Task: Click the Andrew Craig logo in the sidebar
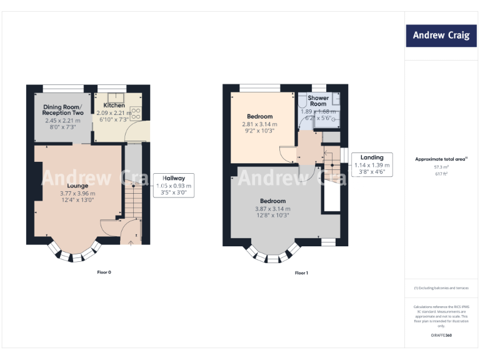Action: click(441, 36)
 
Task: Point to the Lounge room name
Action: click(77, 186)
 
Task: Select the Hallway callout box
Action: click(174, 186)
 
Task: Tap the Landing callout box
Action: click(372, 165)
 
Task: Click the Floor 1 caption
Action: click(302, 272)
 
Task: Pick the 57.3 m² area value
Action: click(441, 167)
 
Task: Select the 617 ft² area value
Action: click(441, 174)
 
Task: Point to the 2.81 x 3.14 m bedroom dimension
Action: click(259, 124)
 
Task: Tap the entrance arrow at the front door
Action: click(130, 243)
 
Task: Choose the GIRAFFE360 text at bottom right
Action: click(441, 336)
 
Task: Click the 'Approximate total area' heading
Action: click(441, 159)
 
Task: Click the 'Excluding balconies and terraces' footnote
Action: click(441, 287)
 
